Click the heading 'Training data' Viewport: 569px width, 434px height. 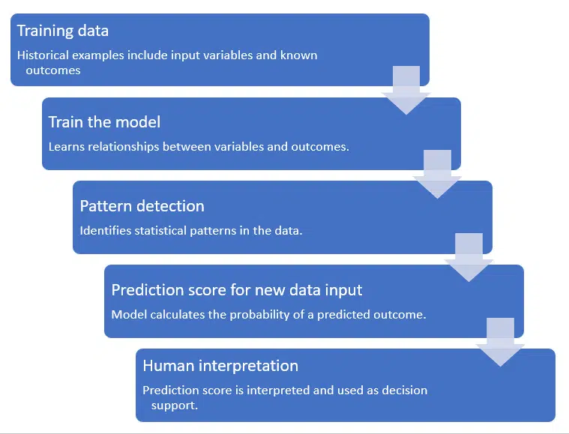(x=62, y=31)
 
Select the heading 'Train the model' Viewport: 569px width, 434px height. (x=104, y=122)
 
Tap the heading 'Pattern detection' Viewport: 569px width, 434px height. (x=142, y=206)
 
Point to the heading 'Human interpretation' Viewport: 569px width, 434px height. (x=220, y=366)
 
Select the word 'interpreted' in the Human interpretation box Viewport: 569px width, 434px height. (x=272, y=390)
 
